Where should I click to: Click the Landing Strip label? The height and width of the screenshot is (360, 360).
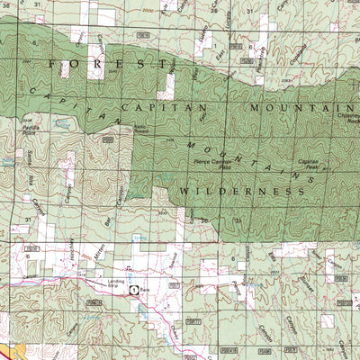[x=113, y=283]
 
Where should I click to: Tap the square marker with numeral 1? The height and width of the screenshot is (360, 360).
[x=134, y=290]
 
